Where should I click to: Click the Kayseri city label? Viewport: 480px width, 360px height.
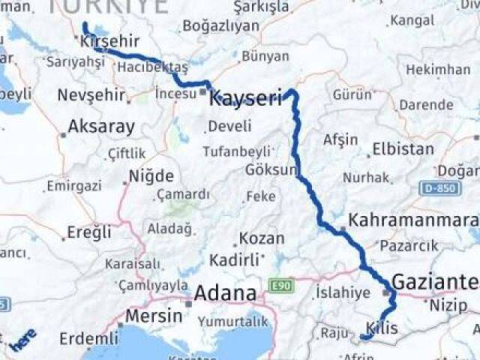point(246,97)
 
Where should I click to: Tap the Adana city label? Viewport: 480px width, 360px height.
point(225,293)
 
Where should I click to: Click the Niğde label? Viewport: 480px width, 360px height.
point(151,177)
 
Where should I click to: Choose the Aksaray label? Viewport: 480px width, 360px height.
point(101,127)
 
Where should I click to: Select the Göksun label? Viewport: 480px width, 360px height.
point(270,169)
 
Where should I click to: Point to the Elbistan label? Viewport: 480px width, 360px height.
point(403,148)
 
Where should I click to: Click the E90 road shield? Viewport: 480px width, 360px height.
point(281,286)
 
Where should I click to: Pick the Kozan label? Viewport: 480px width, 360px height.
point(262,239)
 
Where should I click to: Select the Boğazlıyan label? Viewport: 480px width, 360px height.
point(220,26)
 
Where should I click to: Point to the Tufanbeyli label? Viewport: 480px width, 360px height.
point(236,151)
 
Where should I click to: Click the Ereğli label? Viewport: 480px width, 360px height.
point(88,232)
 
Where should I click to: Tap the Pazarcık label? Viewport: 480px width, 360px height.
point(408,245)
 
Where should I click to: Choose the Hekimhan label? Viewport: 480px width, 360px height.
point(438,70)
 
